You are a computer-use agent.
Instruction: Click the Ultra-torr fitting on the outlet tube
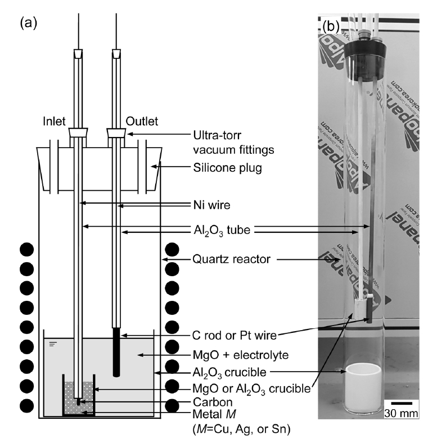116,134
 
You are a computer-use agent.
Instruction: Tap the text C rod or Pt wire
233,336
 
